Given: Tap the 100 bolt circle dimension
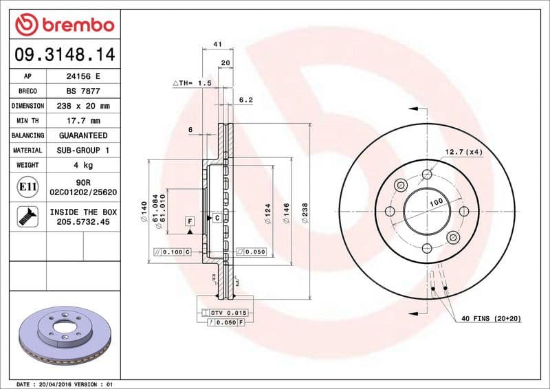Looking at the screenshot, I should tap(435, 204).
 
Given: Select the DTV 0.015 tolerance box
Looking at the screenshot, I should tap(226, 313).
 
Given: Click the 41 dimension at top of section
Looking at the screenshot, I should tap(217, 44).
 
